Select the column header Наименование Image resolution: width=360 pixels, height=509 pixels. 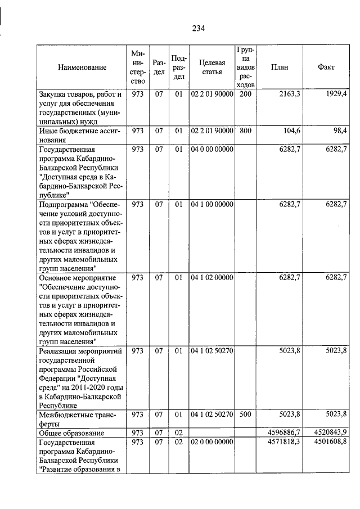82,67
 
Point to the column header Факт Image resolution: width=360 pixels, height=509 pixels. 326,67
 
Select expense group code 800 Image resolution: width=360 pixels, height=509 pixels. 245,131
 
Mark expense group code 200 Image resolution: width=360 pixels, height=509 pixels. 245,94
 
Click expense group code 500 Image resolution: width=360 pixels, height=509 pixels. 245,415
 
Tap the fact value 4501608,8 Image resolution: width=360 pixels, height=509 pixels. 329,442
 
